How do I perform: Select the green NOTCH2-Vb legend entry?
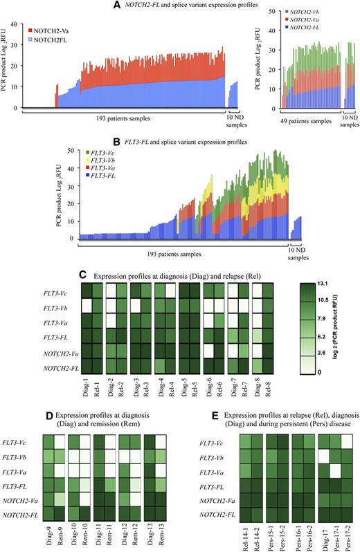(x=312, y=12)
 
